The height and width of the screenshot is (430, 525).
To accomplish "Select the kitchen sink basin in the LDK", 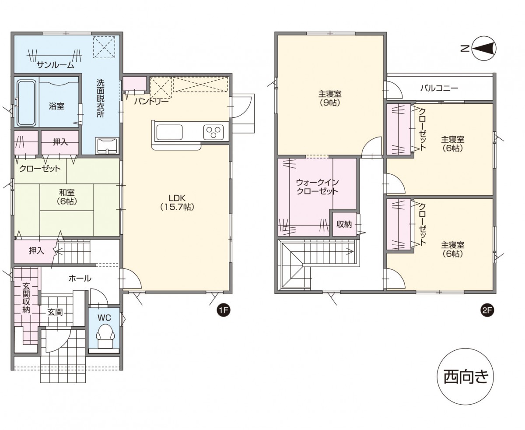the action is [169, 132].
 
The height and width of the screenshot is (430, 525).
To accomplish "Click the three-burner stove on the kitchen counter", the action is [213, 132].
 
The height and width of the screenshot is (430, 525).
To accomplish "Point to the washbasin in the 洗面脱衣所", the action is [107, 146].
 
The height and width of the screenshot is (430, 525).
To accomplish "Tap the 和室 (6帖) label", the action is [66, 196].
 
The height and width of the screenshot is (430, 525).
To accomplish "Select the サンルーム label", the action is [55, 65].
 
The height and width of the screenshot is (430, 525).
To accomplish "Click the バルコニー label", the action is [439, 88].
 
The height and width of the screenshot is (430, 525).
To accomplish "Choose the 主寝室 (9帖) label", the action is [330, 98].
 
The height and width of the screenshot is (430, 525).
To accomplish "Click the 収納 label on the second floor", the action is [344, 225].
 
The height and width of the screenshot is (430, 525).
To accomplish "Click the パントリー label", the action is [152, 102].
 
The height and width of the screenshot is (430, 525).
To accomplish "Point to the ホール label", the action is [80, 278].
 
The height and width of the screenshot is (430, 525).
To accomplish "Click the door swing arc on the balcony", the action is [398, 91].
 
